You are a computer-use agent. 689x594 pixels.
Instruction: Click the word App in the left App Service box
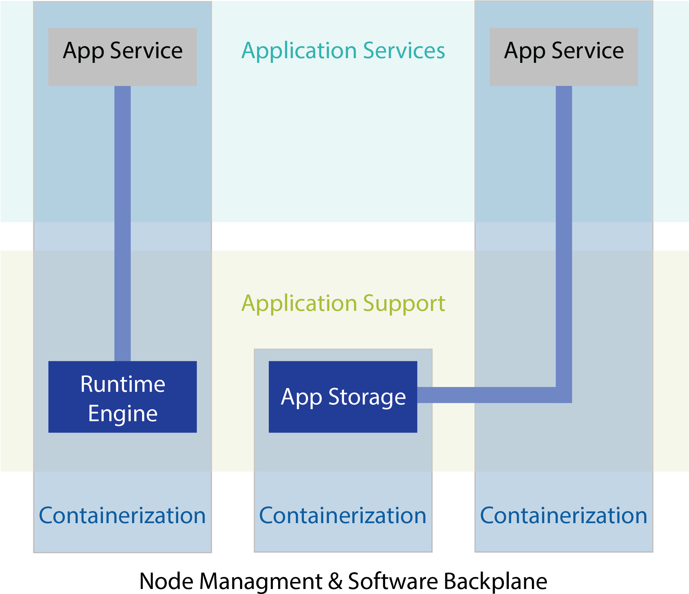84,51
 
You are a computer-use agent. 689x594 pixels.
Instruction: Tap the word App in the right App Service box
525,51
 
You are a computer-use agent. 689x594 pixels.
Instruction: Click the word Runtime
122,384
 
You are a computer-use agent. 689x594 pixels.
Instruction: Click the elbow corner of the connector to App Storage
564,395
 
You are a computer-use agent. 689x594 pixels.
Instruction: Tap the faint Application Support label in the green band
343,304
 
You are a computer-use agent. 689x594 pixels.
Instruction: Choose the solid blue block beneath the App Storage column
343,511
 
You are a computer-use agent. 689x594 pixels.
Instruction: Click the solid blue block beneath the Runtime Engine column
122,511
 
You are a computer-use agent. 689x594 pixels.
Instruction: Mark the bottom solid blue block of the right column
564,511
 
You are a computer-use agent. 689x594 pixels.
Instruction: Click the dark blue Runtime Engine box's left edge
49,397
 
